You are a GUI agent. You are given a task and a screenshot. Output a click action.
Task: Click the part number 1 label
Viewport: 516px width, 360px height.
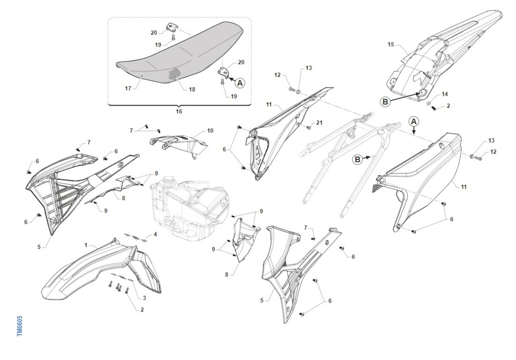tap(86, 245)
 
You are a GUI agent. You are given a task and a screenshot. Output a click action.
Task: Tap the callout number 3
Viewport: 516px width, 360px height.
tap(144, 298)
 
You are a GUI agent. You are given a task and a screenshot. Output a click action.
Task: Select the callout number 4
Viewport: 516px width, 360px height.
tap(156, 234)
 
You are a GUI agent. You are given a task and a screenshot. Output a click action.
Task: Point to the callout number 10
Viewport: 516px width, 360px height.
tap(210, 131)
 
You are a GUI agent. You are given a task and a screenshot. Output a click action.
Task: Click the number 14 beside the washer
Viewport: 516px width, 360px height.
tap(445, 94)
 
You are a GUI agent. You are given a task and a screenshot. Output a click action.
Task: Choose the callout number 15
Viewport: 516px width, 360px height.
tap(391, 44)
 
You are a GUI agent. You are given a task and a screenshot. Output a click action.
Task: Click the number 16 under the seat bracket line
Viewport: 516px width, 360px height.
tap(179, 111)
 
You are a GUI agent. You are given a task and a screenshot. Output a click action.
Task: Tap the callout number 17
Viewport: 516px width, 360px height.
tap(128, 88)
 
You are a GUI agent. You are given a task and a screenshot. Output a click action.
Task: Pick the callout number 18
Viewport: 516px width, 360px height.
tap(192, 89)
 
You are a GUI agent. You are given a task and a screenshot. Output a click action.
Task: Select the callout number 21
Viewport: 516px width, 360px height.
tap(319, 123)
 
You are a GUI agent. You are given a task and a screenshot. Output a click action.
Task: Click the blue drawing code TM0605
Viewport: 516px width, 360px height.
tap(20, 326)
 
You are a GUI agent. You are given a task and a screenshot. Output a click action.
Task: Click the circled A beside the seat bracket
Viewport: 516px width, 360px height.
tap(240, 83)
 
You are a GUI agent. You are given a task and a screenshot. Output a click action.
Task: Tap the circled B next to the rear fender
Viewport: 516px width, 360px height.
tap(385, 102)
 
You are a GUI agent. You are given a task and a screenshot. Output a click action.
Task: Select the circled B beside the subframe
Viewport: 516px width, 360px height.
tap(357, 159)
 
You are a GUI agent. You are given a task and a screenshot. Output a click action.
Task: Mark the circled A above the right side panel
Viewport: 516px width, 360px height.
tap(414, 121)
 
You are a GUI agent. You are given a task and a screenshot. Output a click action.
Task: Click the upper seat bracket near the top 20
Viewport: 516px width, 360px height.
tap(172, 27)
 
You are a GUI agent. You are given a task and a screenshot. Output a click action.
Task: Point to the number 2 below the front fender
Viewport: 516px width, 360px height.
tap(142, 310)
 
